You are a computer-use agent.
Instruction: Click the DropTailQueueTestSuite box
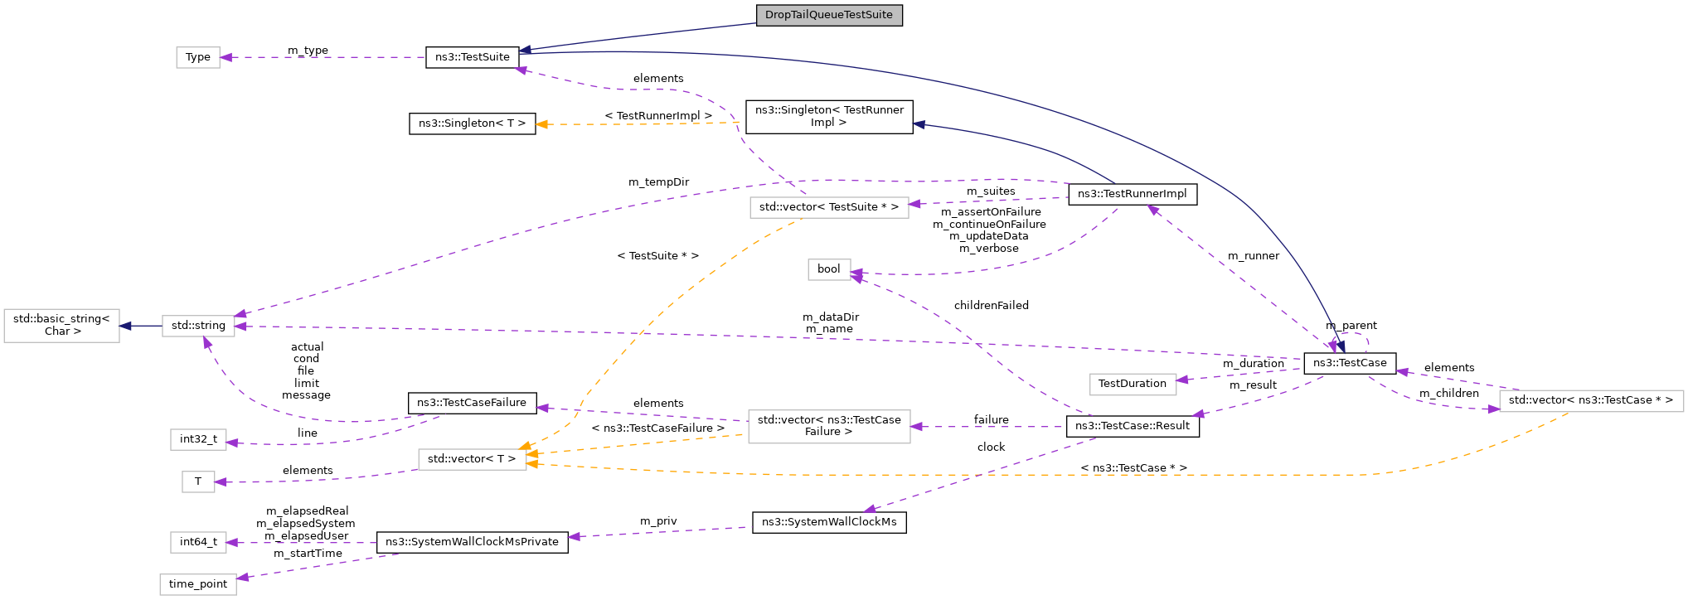click(828, 15)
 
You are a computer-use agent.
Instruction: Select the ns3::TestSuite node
click(472, 57)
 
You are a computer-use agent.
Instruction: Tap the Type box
click(198, 57)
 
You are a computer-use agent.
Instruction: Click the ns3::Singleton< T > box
click(472, 123)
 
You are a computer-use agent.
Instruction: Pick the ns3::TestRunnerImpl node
click(1132, 194)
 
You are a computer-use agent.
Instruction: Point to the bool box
click(828, 269)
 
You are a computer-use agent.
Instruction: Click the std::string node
click(198, 326)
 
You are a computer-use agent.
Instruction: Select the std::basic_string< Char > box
click(61, 325)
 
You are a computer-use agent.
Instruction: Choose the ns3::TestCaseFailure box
click(472, 403)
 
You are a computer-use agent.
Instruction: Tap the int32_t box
click(198, 439)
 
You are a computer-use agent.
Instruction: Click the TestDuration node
click(1132, 384)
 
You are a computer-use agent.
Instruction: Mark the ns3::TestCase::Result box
click(1132, 426)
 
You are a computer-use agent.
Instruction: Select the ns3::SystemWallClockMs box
click(828, 522)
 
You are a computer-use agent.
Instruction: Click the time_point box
click(198, 584)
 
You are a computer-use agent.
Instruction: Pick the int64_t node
click(198, 542)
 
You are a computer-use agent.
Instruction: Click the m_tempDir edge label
click(658, 182)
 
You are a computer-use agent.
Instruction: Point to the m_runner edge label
click(1253, 256)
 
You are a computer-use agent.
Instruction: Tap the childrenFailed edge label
click(991, 306)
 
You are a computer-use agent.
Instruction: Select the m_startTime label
click(308, 554)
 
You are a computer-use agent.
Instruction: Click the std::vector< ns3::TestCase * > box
click(1590, 400)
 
